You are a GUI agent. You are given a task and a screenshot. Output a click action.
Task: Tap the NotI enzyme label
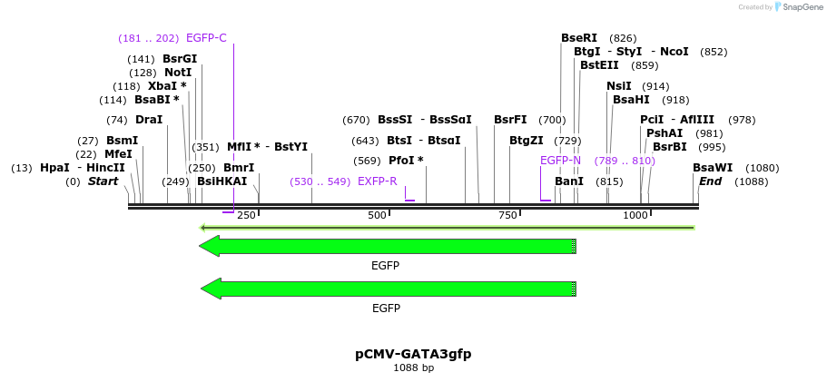178,73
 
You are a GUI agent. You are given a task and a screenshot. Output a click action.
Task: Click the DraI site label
149,120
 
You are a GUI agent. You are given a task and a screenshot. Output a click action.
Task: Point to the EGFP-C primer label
206,38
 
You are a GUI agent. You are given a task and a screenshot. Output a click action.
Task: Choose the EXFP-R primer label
378,181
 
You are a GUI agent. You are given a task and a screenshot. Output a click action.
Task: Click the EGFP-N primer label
560,161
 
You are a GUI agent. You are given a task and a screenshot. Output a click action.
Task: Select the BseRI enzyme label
579,38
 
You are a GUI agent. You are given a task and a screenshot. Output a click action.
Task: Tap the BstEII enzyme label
599,65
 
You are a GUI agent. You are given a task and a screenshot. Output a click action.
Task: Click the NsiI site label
619,86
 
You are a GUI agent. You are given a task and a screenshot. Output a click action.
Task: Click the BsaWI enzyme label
713,168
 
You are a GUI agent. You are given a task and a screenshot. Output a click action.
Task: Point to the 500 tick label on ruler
377,215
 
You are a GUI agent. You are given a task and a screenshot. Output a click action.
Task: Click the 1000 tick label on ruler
635,215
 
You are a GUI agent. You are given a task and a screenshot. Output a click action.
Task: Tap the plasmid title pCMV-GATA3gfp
413,354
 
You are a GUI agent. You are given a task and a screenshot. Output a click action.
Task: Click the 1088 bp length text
413,368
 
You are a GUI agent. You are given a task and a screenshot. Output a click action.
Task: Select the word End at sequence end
709,181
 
